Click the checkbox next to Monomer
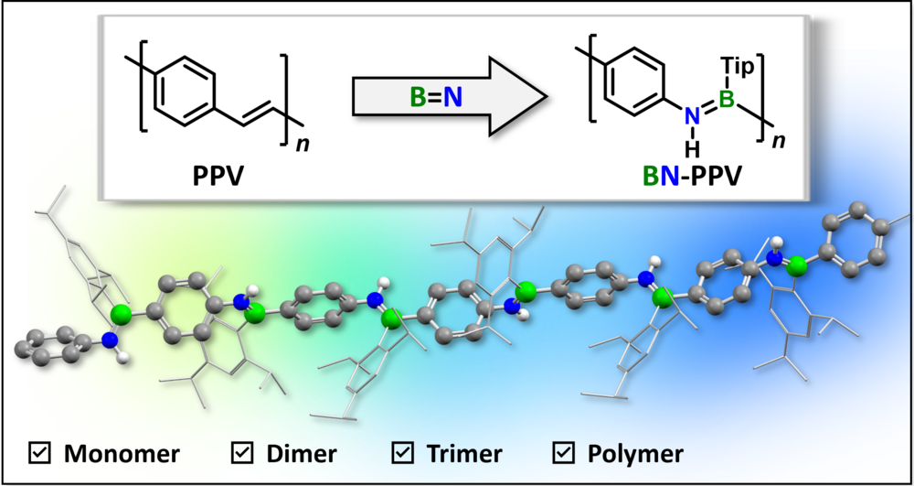(x=39, y=452)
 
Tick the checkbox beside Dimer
(x=242, y=452)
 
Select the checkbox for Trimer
(x=402, y=452)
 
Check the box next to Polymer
(x=564, y=452)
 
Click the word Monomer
(x=121, y=453)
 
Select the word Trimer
(x=465, y=453)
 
